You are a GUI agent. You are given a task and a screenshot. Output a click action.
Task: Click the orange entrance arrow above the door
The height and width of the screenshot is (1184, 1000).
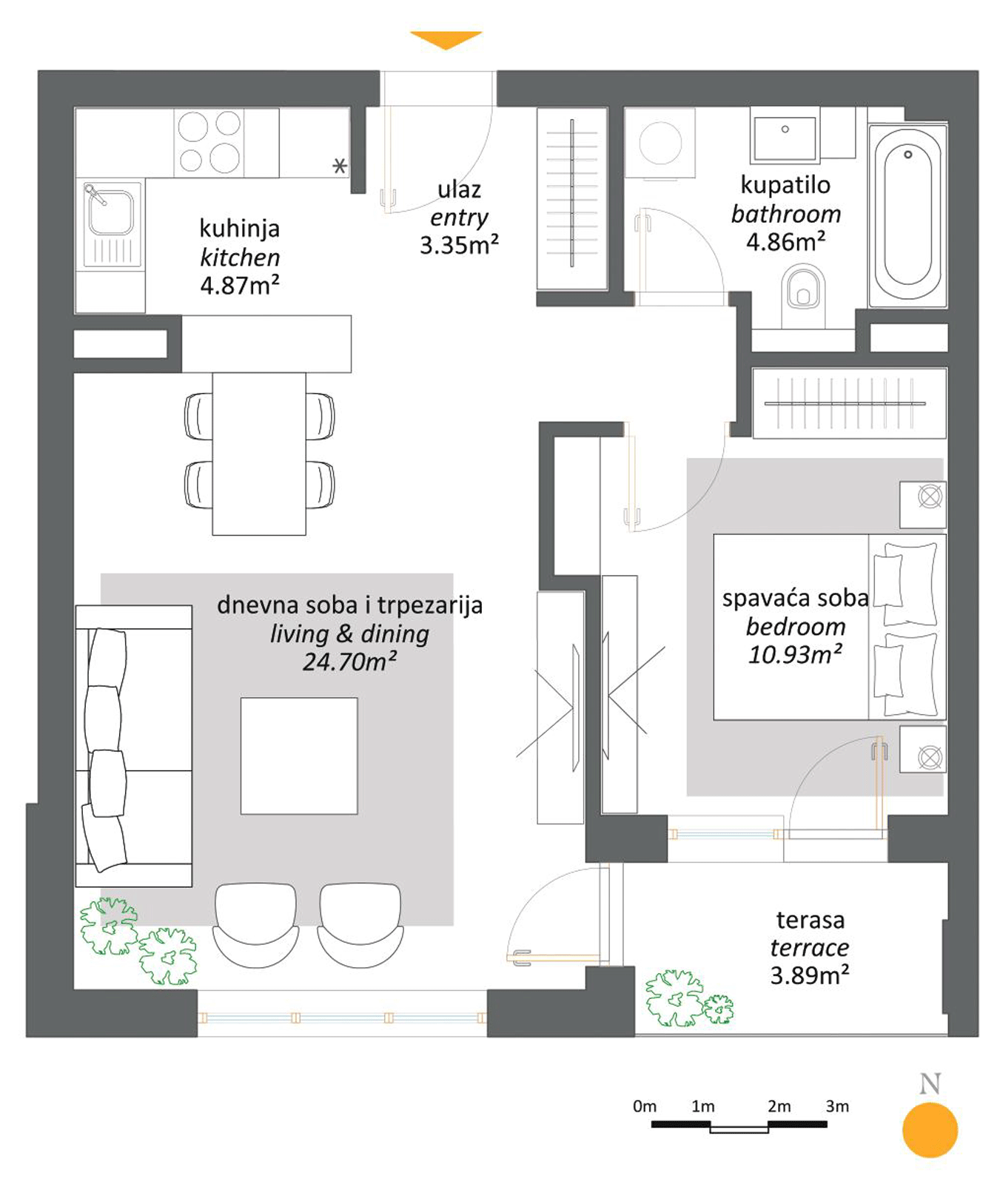point(446,39)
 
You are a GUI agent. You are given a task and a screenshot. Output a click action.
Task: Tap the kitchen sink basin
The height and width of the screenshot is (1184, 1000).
point(111,212)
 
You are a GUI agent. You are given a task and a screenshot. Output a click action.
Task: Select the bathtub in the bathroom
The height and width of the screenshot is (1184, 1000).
point(907,215)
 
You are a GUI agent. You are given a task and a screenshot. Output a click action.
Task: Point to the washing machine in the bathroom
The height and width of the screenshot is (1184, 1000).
point(660,143)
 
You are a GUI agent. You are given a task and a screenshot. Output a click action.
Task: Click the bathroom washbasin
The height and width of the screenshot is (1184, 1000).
point(785,135)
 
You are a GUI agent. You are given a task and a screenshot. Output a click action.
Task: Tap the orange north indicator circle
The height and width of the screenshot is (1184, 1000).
point(930,1130)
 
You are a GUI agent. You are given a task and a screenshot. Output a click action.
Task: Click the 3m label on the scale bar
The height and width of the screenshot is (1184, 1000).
point(837,1106)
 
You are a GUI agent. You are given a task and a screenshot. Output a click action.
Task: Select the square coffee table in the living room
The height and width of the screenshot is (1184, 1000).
point(299,756)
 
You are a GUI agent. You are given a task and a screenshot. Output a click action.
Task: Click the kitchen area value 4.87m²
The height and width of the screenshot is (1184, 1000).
point(240,285)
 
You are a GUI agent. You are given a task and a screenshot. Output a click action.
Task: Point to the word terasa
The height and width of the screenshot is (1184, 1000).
point(811,920)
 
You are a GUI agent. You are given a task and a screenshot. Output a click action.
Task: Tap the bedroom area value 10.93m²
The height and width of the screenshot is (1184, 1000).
point(795,655)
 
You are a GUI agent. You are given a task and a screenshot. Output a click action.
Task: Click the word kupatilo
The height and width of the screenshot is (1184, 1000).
point(785,185)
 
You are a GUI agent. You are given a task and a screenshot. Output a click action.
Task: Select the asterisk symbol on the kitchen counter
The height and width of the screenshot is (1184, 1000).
point(339,166)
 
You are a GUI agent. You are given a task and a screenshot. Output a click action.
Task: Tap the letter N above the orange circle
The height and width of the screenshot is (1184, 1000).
point(930,1084)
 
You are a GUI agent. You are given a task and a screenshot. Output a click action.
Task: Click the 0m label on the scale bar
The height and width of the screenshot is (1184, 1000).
point(645,1106)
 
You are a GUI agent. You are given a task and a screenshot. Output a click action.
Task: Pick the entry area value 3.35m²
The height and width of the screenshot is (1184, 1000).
point(459,245)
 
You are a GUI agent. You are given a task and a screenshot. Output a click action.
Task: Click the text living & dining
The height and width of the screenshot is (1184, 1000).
point(349,634)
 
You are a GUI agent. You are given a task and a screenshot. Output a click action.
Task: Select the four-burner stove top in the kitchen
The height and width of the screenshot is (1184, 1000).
point(210,142)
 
